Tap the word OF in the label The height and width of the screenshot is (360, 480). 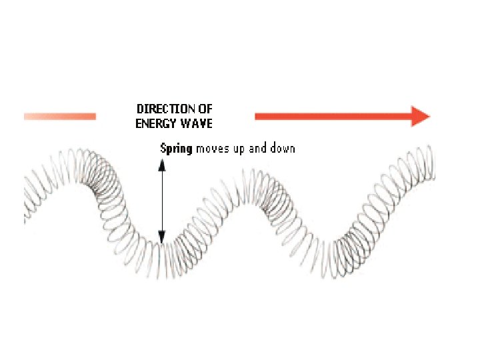[204, 109]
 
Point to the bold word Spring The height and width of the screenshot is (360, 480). [176, 148]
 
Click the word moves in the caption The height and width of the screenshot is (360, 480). [211, 148]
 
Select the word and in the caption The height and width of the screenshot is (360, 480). [258, 148]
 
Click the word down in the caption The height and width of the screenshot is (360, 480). [283, 148]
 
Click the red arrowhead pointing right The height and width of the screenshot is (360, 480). [421, 116]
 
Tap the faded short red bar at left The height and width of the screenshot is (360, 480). [60, 117]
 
